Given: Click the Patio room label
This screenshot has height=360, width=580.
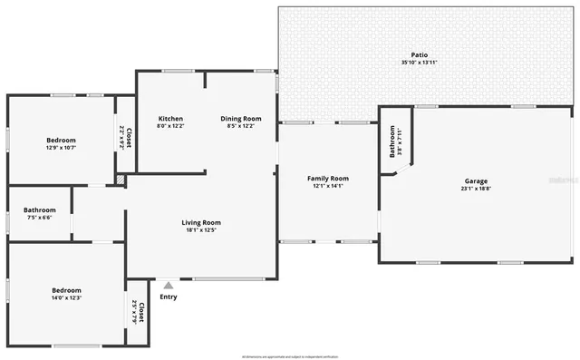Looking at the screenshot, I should (419, 54).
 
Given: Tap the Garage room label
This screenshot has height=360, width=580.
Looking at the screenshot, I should (476, 180).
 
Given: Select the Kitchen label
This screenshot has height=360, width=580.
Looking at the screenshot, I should (171, 119).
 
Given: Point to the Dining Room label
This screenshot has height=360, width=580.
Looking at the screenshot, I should (241, 119).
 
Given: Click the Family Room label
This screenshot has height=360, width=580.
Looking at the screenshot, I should (327, 179).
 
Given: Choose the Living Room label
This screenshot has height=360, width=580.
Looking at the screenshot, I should (201, 222).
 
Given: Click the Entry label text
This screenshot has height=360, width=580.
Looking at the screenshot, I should (169, 297).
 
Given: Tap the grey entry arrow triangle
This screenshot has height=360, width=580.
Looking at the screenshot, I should (169, 285).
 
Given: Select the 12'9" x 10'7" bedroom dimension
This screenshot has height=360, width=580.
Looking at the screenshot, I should (62, 148).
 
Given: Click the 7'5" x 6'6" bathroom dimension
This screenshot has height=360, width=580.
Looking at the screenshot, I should (40, 218).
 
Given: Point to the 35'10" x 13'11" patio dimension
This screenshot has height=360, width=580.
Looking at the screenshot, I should (419, 62).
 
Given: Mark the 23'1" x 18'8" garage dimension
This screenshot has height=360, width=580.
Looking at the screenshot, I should (476, 188).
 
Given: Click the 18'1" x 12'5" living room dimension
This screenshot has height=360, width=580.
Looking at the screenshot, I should (201, 229).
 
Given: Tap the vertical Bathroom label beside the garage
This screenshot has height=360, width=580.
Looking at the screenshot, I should (392, 141).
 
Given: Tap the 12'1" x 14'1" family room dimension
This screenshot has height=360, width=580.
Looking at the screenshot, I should (327, 186).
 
